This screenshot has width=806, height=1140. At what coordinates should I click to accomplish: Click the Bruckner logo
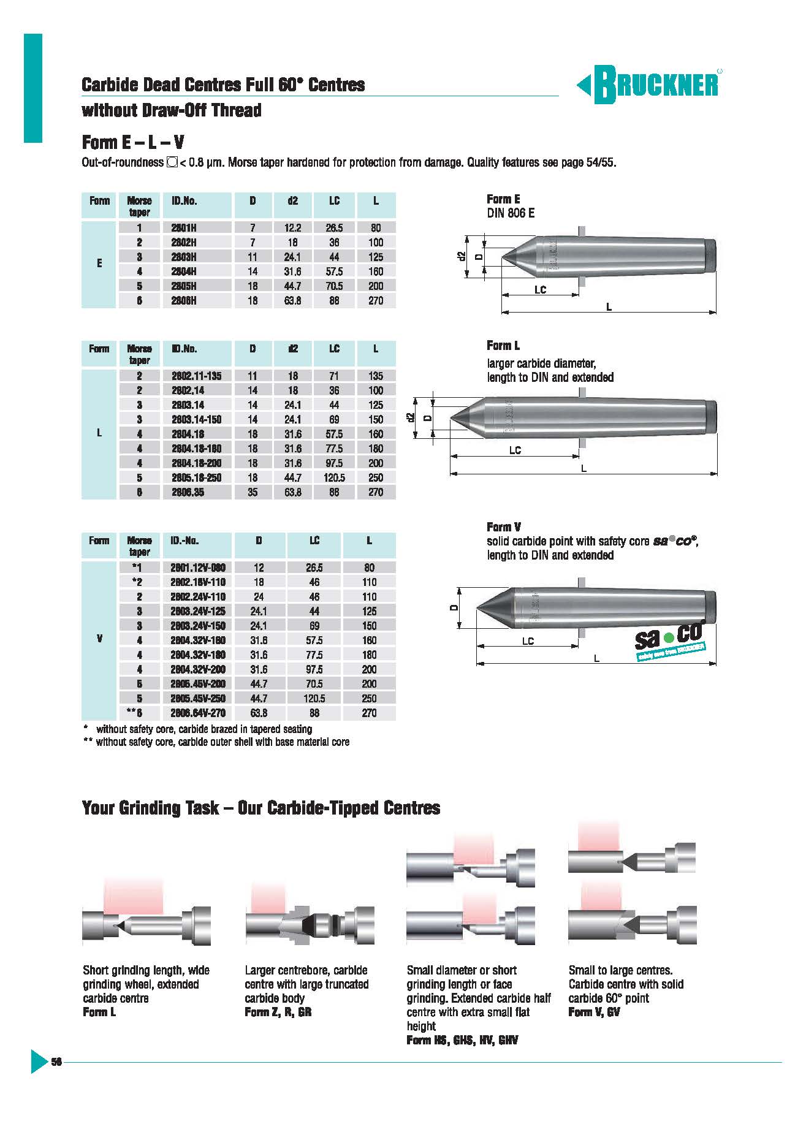tap(648, 84)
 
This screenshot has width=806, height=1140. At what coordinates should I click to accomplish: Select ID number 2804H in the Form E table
tap(184, 272)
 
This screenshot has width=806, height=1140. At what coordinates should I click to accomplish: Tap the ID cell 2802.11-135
tap(196, 376)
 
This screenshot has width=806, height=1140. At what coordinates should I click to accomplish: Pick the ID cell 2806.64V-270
tap(197, 713)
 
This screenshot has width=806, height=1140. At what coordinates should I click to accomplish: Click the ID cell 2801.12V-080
tap(197, 568)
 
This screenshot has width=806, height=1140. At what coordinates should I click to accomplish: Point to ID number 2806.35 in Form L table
tap(188, 492)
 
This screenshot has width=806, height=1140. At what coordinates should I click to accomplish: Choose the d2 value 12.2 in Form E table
tap(292, 228)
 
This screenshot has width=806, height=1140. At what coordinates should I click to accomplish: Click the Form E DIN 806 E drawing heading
tap(510, 206)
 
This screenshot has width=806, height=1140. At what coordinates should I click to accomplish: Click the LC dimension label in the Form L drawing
tap(515, 450)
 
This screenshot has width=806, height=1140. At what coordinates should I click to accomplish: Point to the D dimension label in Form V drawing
tap(454, 607)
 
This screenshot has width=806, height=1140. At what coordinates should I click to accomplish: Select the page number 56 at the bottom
tap(56, 1062)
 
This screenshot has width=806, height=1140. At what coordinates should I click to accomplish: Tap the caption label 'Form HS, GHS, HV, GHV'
tap(462, 1040)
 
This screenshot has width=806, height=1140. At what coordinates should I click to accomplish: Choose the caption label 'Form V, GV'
tap(593, 1013)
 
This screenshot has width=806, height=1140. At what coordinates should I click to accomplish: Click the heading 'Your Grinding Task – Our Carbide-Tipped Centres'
tap(260, 808)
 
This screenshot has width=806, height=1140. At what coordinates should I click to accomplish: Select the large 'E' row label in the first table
tap(99, 264)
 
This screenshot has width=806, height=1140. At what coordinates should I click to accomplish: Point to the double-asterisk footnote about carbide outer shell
tap(216, 742)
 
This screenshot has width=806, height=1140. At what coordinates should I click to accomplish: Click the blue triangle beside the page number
tap(38, 1062)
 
